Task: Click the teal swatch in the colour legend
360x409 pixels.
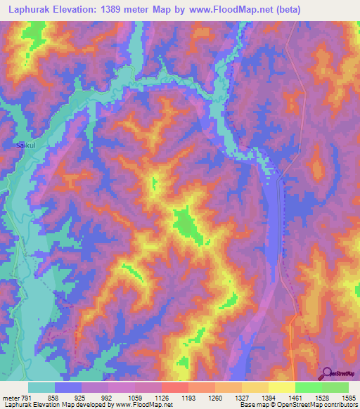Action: pos(41,387)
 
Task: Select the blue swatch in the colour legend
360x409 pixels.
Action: pos(68,387)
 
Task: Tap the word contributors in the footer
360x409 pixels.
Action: pos(340,405)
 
